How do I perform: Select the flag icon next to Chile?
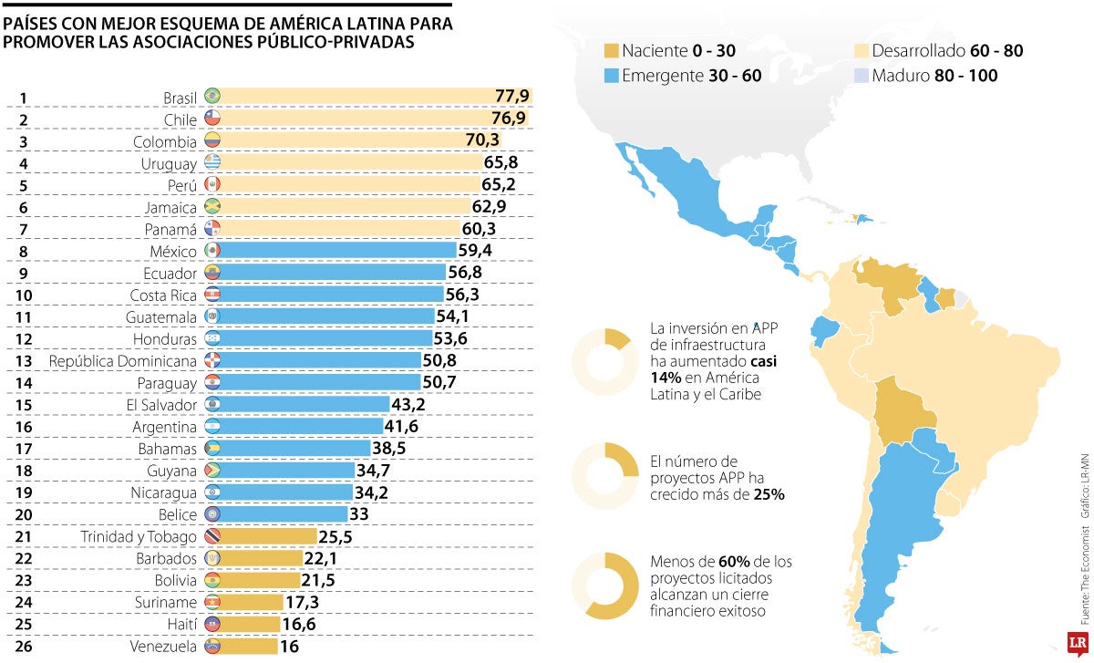[212, 119]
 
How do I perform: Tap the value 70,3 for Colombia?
[482, 141]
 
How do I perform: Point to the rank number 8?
[24, 250]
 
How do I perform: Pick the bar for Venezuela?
[249, 646]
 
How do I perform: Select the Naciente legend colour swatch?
[611, 51]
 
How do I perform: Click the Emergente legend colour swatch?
[611, 76]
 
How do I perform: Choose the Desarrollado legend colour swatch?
[862, 51]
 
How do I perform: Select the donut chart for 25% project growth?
[604, 474]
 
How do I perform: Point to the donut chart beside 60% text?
[604, 585]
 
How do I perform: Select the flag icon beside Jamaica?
[212, 206]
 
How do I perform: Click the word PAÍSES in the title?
[30, 25]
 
